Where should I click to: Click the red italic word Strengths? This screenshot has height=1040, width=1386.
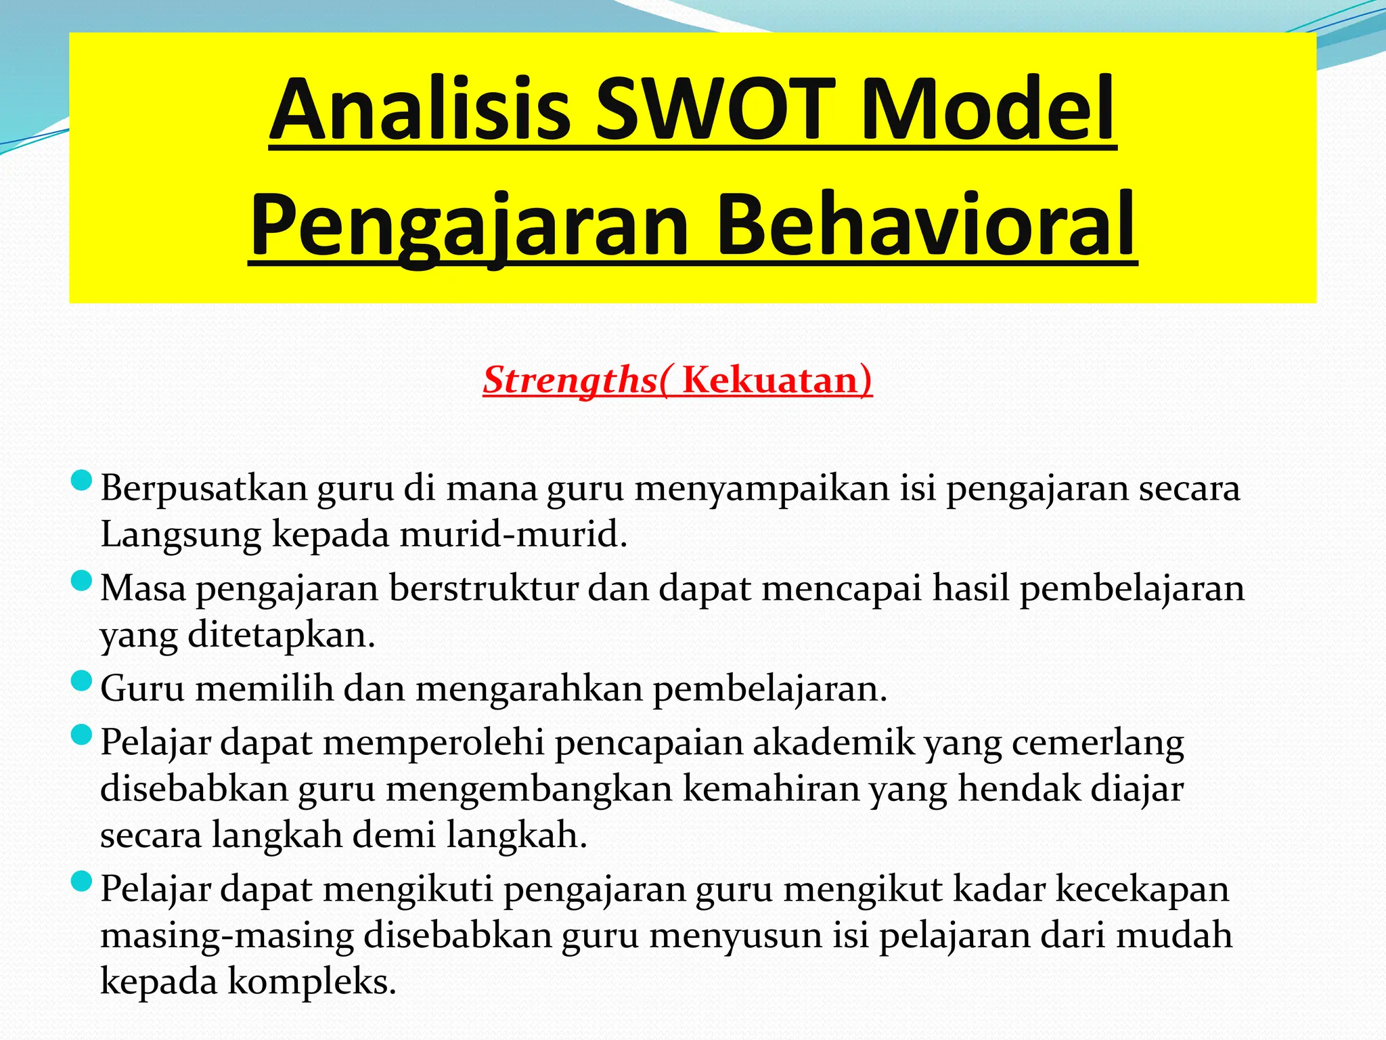(570, 380)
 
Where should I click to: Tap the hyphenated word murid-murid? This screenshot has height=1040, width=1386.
(513, 534)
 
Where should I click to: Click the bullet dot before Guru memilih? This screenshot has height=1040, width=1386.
(81, 681)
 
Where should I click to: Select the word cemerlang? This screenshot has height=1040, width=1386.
(1098, 742)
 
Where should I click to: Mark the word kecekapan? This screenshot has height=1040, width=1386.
(1142, 888)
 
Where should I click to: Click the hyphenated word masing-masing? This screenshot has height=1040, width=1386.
(227, 935)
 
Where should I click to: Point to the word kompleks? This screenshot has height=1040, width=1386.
(311, 981)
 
